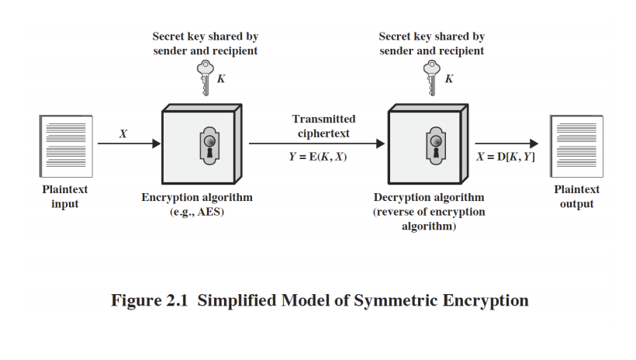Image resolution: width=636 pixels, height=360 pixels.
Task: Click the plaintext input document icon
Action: (66, 146)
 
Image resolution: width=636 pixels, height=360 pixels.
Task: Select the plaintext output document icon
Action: (576, 146)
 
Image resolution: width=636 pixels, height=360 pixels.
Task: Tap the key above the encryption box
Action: (206, 78)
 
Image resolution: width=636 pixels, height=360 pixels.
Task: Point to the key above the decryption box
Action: (431, 78)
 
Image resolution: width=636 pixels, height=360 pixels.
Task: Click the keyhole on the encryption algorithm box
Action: (209, 146)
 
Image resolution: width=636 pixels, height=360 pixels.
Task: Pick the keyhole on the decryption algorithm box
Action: (436, 146)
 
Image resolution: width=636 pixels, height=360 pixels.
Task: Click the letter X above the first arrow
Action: (123, 133)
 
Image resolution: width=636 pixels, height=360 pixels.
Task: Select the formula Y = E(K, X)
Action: (318, 157)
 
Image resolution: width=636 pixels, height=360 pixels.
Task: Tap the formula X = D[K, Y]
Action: (506, 157)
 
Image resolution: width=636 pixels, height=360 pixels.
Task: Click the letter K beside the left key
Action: (221, 78)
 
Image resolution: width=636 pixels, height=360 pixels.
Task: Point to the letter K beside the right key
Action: (448, 78)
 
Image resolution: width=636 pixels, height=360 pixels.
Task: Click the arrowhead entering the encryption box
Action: (156, 144)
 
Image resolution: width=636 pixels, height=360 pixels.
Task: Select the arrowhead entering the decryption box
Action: (381, 144)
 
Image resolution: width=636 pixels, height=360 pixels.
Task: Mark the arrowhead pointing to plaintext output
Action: (534, 144)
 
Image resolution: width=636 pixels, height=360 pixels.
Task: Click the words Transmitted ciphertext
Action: (323, 126)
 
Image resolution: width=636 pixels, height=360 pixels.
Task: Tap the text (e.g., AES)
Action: (197, 212)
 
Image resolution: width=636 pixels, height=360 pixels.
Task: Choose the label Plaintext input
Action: (65, 196)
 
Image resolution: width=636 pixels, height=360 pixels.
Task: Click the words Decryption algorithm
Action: (429, 197)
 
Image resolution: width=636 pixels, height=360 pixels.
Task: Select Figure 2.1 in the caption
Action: (150, 301)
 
